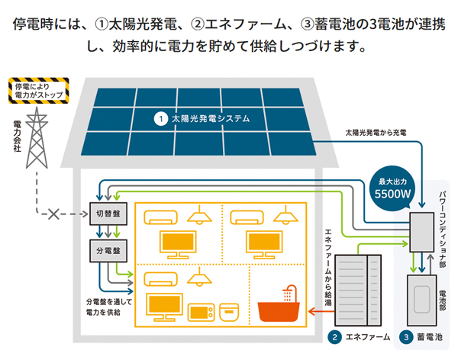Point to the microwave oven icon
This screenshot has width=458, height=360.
[200, 312]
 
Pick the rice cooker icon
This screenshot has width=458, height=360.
[231, 312]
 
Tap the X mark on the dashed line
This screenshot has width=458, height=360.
[53, 214]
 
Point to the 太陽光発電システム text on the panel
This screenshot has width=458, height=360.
[211, 119]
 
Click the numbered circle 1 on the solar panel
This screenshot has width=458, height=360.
[160, 119]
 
